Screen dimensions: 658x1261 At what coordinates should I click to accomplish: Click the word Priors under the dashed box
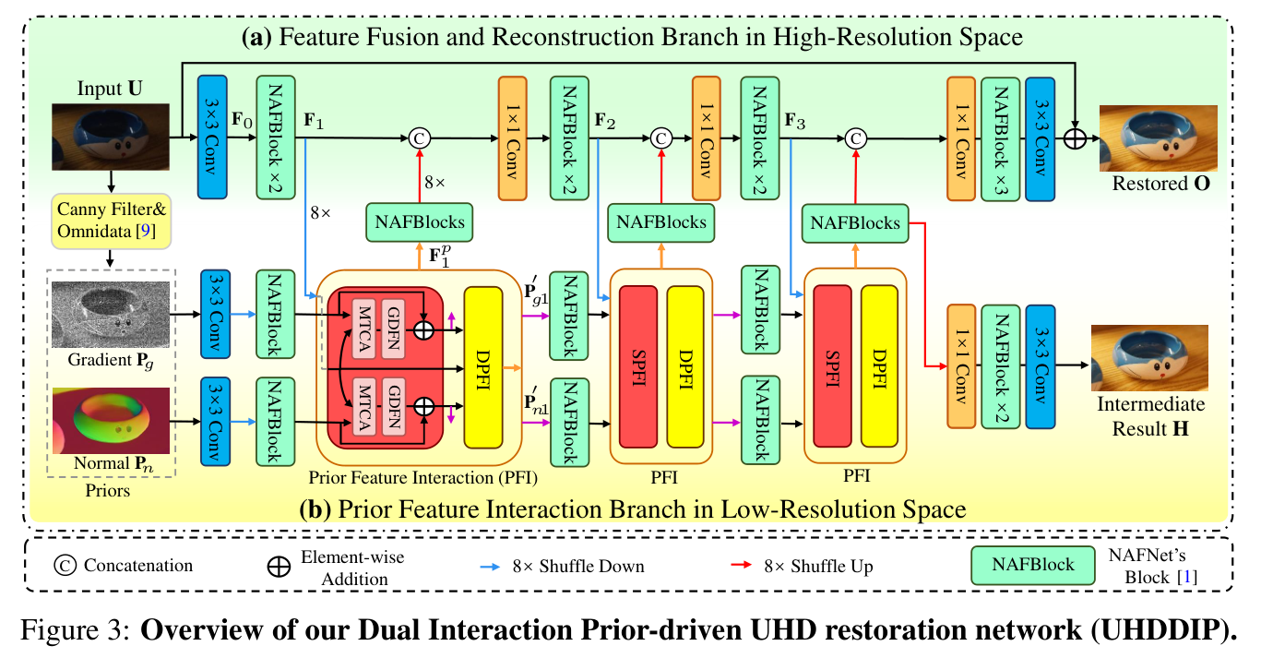[108, 491]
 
